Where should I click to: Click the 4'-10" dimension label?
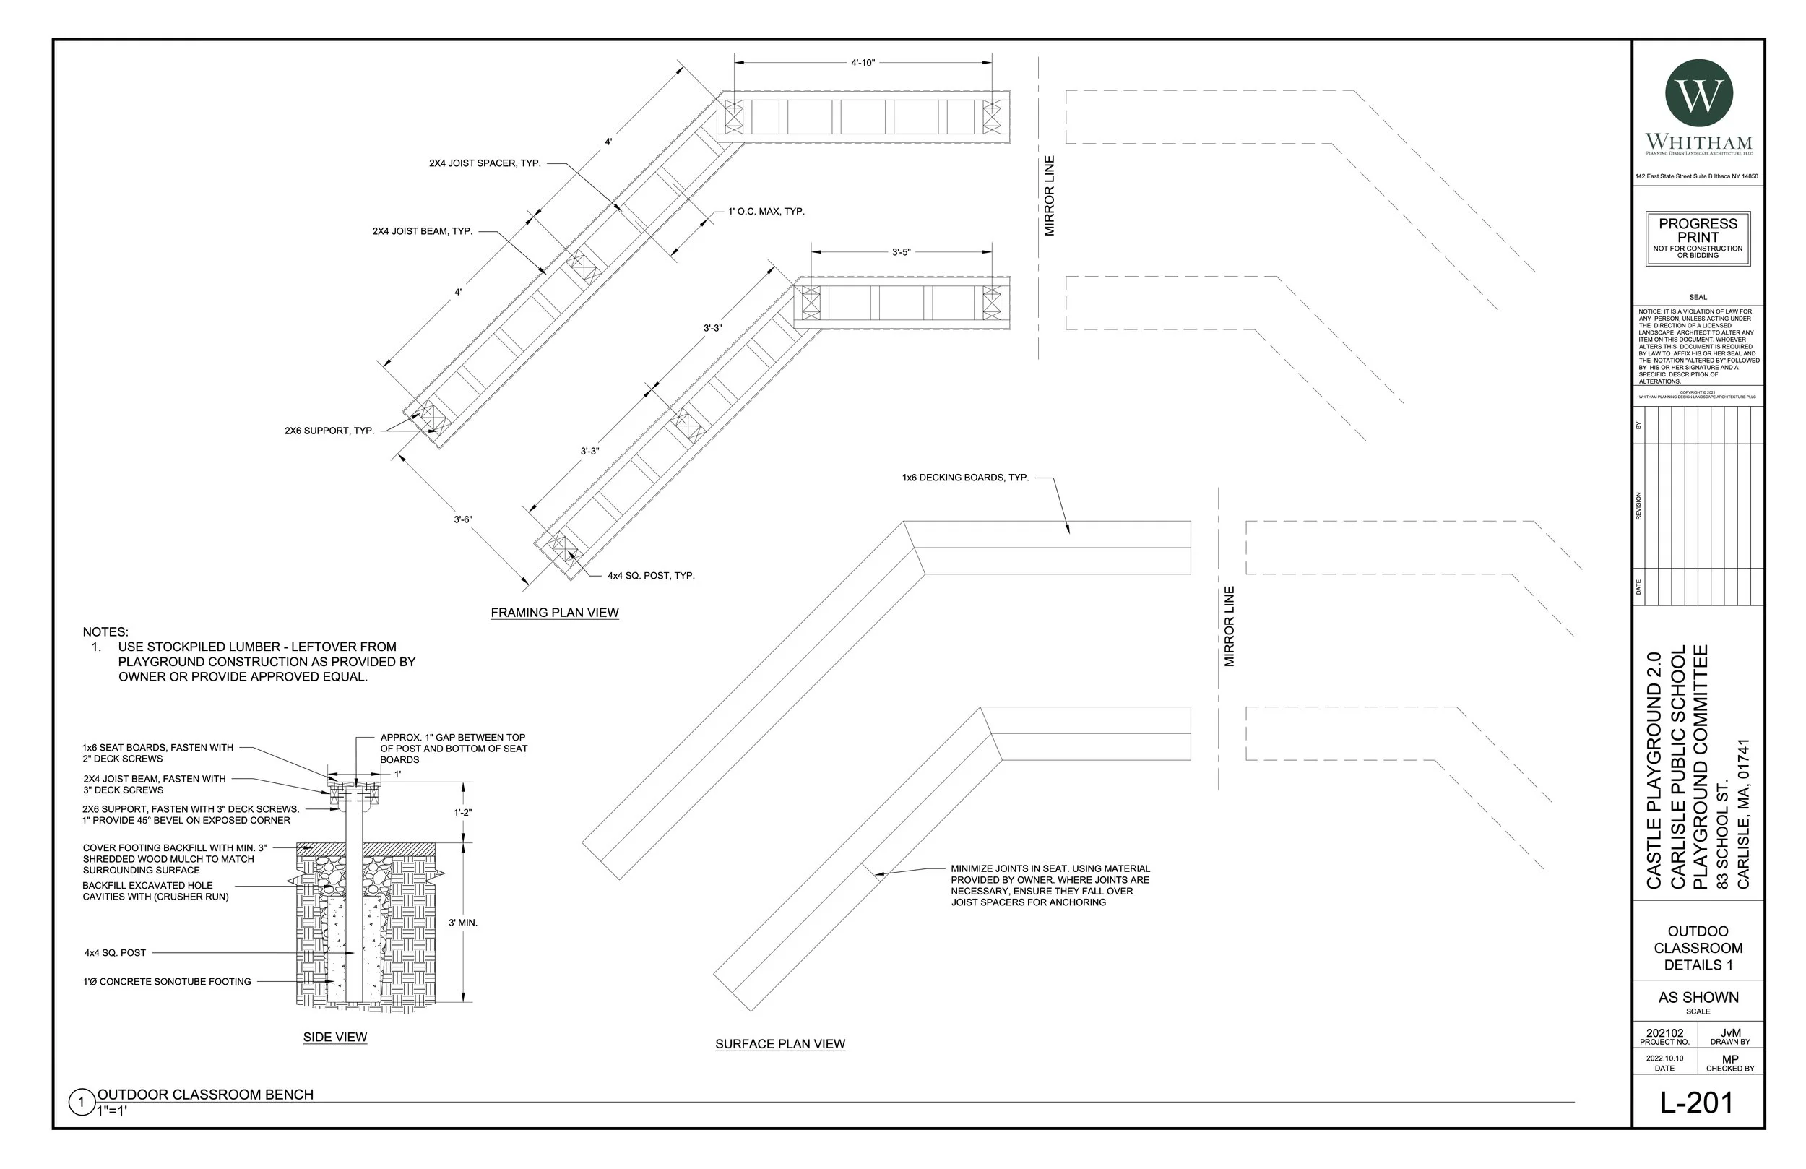coord(863,63)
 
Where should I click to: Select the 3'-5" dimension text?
coord(901,252)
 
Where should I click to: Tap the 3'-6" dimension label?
coord(463,520)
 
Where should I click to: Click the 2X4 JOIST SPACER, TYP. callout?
coord(485,163)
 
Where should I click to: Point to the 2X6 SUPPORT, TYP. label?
coord(329,431)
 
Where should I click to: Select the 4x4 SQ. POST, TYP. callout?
coord(650,575)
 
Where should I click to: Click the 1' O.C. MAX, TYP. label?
coord(766,211)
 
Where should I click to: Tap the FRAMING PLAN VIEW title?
coord(555,613)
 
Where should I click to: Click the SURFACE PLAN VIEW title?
coord(780,1044)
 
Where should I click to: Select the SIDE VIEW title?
coord(334,1037)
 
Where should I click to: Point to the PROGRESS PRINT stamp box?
coord(1698,238)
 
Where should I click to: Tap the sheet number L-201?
coord(1697,1103)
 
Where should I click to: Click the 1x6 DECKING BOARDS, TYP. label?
coord(965,478)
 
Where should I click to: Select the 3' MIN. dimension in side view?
coord(462,923)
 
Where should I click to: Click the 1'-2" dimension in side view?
coord(462,812)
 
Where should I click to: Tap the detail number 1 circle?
coord(81,1103)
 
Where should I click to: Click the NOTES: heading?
coord(105,631)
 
